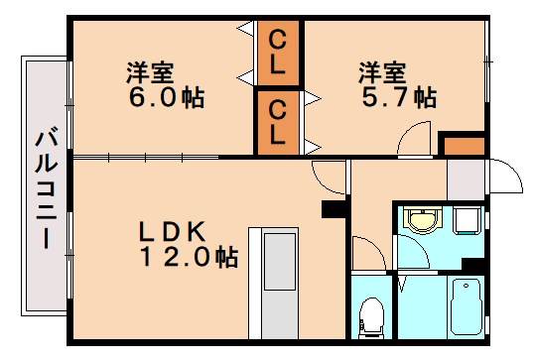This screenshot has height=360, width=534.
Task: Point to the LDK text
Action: (172, 232)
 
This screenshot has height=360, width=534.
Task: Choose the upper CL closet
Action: (279, 54)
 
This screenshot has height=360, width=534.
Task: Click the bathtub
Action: (464, 307)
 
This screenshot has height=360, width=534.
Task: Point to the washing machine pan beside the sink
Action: (467, 220)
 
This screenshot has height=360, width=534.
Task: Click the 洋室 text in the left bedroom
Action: (150, 71)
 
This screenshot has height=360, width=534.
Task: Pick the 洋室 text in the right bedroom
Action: (383, 71)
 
